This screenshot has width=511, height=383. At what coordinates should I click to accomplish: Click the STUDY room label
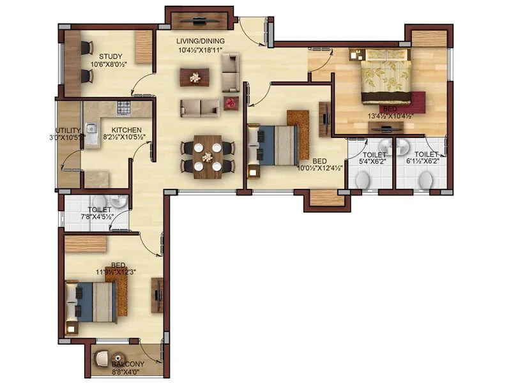pyautogui.click(x=101, y=56)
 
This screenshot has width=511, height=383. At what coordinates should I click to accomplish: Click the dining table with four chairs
pyautogui.click(x=207, y=156)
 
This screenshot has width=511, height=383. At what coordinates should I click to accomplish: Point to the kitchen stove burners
pyautogui.click(x=123, y=106)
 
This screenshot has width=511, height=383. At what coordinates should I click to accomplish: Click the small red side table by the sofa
pyautogui.click(x=231, y=101)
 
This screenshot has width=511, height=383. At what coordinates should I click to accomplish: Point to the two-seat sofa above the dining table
pyautogui.click(x=200, y=107)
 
